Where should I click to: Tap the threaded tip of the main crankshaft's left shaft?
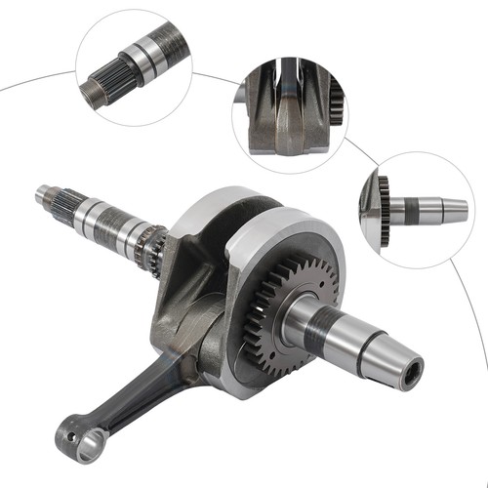click(x=45, y=195)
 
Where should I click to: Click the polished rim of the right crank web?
click(x=283, y=229)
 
